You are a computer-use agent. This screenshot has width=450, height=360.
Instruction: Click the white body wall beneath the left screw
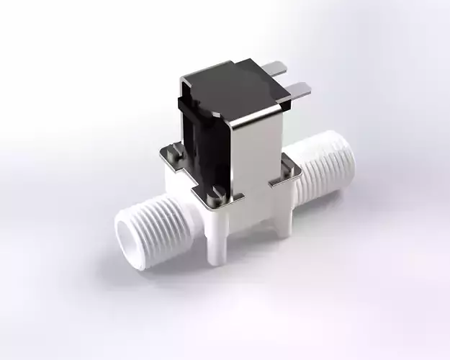(x=176, y=180)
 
